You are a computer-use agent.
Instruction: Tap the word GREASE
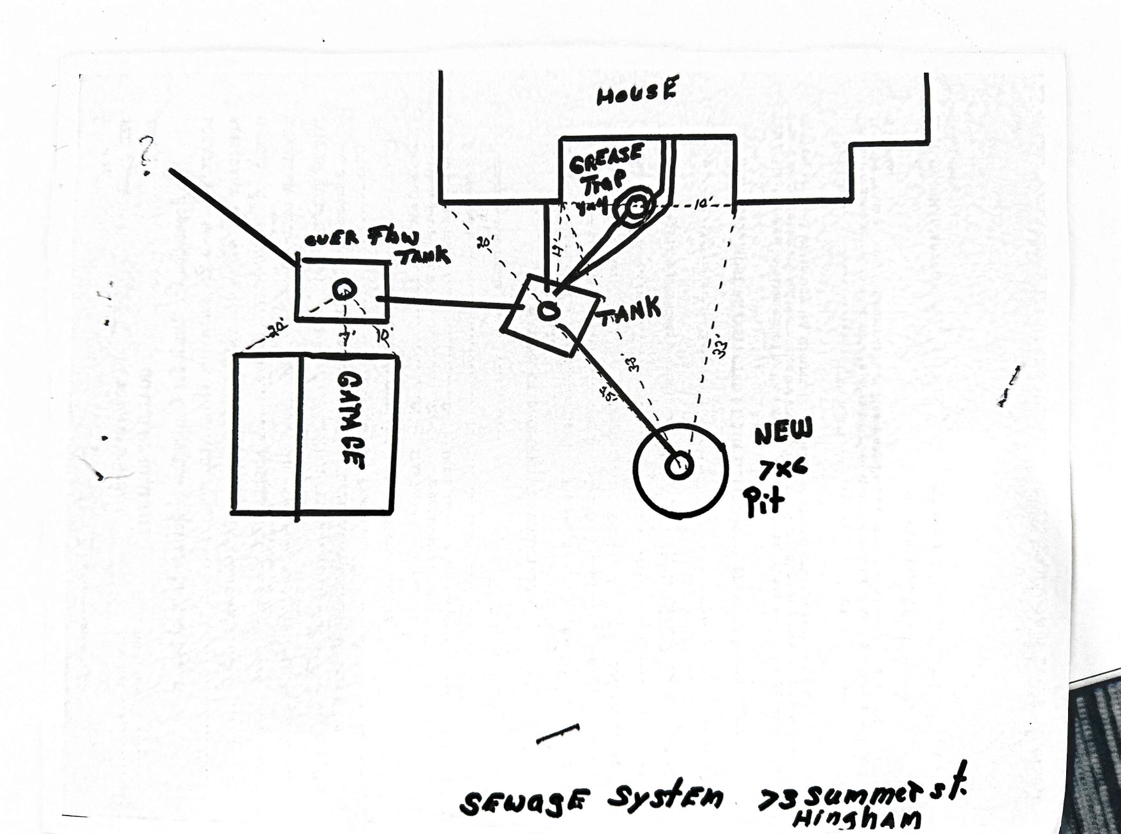coord(606,158)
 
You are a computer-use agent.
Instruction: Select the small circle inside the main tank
coord(547,311)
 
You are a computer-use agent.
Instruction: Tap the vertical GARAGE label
coord(351,421)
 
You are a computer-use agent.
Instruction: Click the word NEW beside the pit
coord(783,433)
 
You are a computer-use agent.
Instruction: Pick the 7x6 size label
coord(783,470)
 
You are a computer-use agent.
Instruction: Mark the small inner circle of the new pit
coord(679,466)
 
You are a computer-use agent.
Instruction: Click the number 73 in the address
coord(776,799)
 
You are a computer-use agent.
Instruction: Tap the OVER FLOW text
coord(361,239)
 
